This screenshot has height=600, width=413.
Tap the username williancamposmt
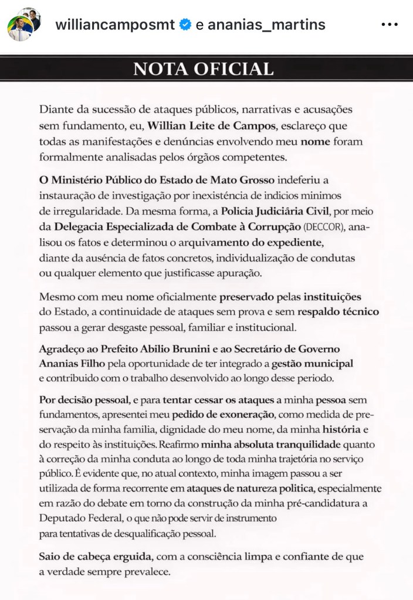(x=116, y=25)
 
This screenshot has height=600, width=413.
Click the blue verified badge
(x=186, y=25)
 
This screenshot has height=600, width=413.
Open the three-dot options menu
(x=390, y=25)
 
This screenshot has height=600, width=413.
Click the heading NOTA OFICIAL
(x=204, y=69)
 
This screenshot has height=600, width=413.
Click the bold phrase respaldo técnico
(x=338, y=311)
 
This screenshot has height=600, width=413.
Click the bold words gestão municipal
(x=312, y=364)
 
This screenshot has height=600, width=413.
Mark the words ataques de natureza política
(x=254, y=488)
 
